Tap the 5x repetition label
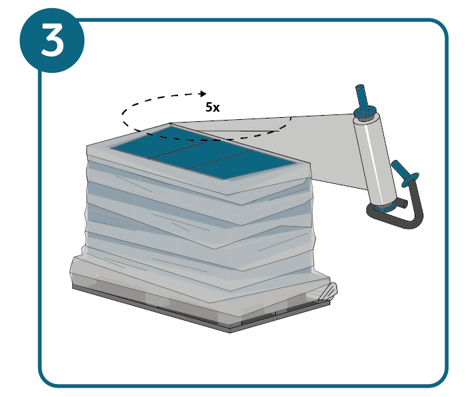click(x=213, y=107)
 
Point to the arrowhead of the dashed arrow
click(x=203, y=94)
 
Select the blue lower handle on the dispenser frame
click(x=401, y=170)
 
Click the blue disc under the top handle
click(x=365, y=112)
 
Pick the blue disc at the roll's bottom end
click(x=385, y=207)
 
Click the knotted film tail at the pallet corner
click(x=328, y=291)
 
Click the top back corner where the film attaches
click(x=170, y=123)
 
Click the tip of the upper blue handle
click(x=360, y=86)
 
